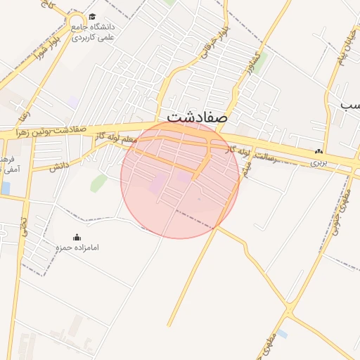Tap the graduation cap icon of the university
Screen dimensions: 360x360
coord(93,18)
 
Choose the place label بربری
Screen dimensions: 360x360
coord(320,162)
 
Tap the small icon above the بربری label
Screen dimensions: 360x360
coord(320,150)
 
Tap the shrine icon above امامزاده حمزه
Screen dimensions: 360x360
coord(77,237)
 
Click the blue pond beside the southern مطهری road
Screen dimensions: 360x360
coord(282,333)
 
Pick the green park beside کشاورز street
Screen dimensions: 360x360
coord(260,63)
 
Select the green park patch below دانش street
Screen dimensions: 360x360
coord(98,184)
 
